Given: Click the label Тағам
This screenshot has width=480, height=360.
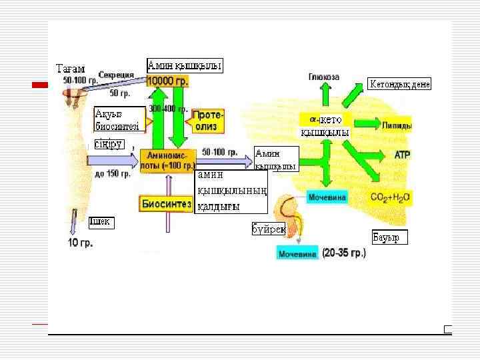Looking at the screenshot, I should click(70, 69).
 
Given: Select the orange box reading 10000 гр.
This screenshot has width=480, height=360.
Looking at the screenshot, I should click(168, 81).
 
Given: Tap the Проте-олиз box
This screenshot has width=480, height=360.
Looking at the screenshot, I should click(209, 121).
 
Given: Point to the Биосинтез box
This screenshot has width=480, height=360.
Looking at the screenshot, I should click(166, 204).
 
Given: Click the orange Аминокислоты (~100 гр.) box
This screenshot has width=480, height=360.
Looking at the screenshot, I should click(169, 160).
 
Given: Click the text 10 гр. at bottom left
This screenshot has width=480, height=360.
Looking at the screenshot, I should click(81, 243).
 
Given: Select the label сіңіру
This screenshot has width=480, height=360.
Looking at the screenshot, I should click(109, 144).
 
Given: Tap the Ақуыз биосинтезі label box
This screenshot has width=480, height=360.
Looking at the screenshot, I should click(119, 119).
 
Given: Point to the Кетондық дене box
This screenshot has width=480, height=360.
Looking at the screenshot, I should click(399, 84).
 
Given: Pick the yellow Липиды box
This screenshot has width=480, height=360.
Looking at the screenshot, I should click(397, 125).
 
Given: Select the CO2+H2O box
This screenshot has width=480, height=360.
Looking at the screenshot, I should click(391, 197).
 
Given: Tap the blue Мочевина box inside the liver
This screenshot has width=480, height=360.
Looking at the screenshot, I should click(326, 198).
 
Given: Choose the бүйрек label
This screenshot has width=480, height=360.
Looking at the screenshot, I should click(268, 229).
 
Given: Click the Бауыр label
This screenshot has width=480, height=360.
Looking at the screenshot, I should click(389, 237).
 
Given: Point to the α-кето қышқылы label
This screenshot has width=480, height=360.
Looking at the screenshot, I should click(325, 126).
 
